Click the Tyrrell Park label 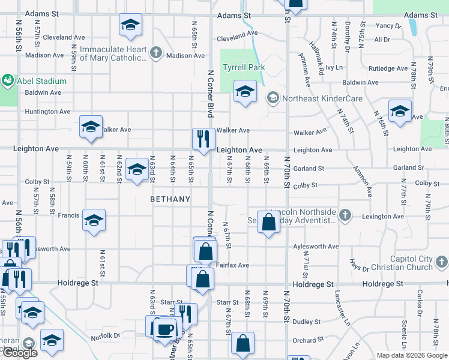[244, 67]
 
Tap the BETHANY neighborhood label [170, 199]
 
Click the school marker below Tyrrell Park [244, 91]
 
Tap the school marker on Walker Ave [91, 126]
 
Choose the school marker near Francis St [94, 220]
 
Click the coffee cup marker [165, 328]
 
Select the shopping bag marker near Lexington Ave [269, 221]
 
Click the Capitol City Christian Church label [411, 263]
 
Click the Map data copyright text [411, 355]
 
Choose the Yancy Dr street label [387, 26]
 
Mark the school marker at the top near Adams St [130, 25]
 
